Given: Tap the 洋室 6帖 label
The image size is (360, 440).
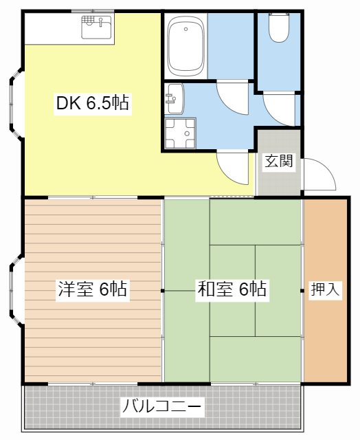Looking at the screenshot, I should coord(92,289).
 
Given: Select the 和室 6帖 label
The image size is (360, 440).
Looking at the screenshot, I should coord(232,289).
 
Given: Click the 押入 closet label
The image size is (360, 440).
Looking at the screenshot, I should coord(325,289).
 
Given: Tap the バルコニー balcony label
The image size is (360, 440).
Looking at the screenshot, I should coord(163,406).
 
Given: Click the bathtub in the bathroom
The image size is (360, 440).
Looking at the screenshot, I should coord(186,48).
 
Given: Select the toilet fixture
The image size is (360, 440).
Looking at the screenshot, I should coord(278,28).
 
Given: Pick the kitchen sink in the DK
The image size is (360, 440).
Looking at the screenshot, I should coord(97,28).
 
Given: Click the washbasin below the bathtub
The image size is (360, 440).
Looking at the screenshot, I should coord(174,100).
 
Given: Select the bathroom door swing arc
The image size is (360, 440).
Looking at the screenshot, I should coord(232,96).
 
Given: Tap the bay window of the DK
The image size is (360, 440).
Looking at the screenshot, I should coord(15,103).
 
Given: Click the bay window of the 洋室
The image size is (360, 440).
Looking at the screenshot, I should coord(15,289).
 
